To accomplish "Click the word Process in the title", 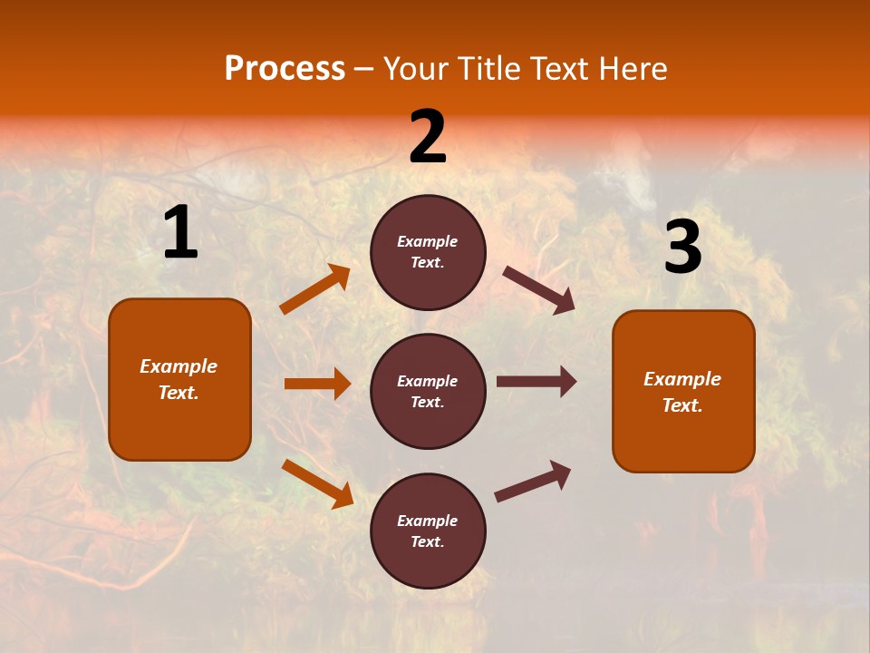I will coord(285,69).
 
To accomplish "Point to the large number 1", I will coord(180,233).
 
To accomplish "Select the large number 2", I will coord(428,137).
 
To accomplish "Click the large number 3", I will coord(682,248).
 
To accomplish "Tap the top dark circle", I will coord(428,251).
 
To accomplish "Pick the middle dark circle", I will coord(428,391).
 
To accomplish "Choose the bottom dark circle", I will coord(428,531).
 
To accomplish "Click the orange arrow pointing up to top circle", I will coord(314,289).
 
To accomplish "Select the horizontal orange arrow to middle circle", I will coord(317,384).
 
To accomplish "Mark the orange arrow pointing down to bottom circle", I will coord(317,482).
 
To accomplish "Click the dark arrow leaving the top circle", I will coord(539,289).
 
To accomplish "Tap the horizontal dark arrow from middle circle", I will coord(536,382).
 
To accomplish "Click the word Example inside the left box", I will coord(179,366).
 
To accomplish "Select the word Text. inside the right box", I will coord(682,405).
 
